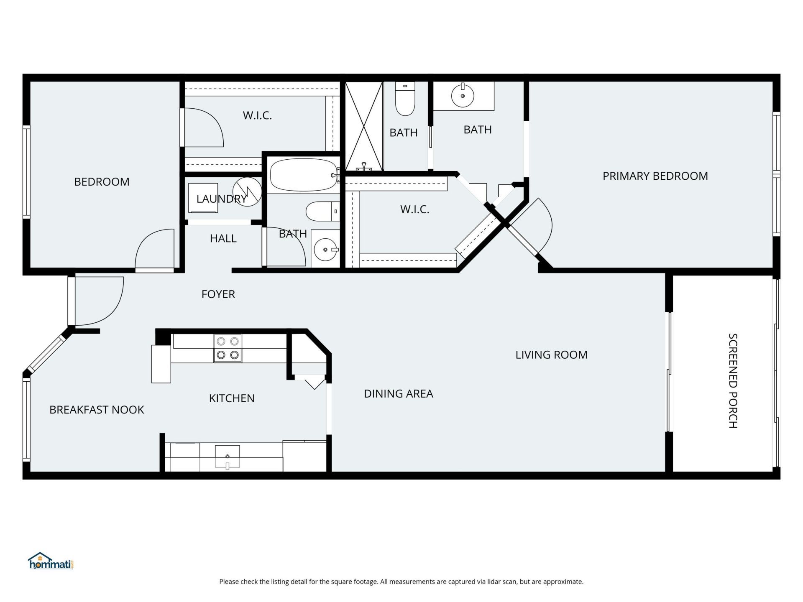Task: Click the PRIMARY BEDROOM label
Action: point(655,176)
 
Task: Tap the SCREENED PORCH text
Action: point(733,380)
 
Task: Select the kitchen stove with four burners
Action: point(228,348)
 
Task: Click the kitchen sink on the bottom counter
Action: point(228,457)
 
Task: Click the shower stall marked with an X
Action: point(364,126)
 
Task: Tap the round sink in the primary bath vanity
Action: point(463,96)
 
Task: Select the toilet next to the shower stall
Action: point(405,99)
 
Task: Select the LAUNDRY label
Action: point(221,199)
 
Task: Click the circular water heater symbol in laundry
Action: point(247,192)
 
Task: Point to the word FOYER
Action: point(218,294)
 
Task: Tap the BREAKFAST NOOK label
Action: point(97,410)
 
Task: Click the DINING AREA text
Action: point(398,394)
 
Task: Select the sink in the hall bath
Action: point(325,250)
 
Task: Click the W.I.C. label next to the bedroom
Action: point(257,115)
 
